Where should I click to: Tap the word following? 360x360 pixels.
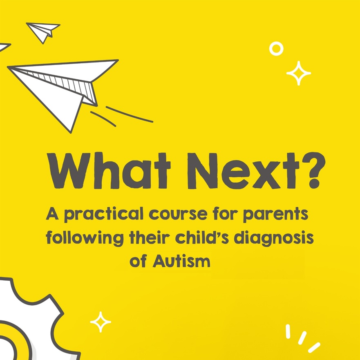pyautogui.click(x=85, y=238)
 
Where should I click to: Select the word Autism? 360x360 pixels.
pyautogui.click(x=181, y=261)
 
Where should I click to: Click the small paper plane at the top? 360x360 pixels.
pyautogui.click(x=43, y=32)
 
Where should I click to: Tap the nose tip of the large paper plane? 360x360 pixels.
pyautogui.click(x=8, y=67)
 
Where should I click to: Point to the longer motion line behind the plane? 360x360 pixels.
pyautogui.click(x=129, y=114)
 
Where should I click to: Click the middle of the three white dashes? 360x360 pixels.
pyautogui.click(x=302, y=338)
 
